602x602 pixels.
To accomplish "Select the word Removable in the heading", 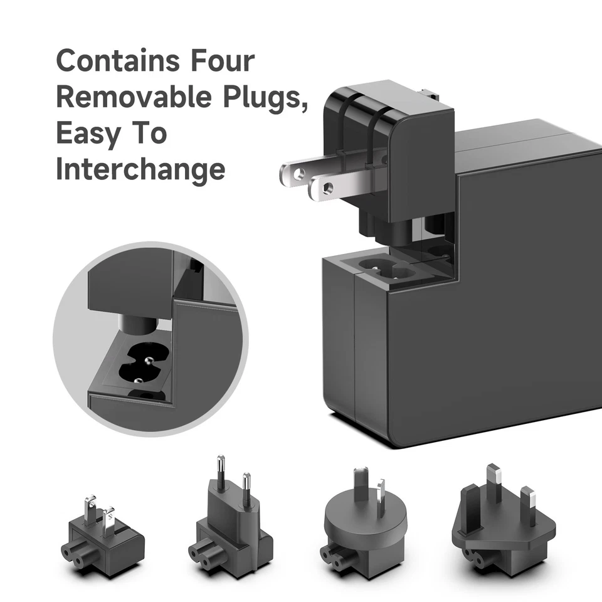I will (x=137, y=98).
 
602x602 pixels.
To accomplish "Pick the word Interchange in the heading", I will (x=140, y=169).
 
